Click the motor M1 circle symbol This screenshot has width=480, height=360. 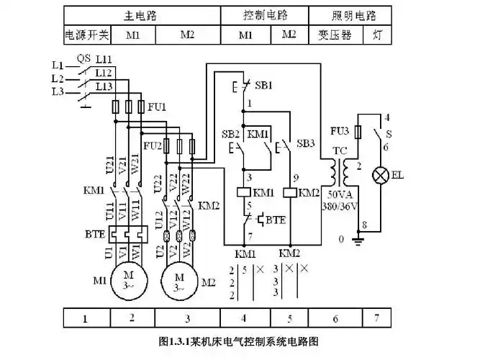pos(130,279)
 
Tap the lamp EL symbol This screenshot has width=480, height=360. pos(379,174)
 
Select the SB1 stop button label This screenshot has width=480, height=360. pos(264,85)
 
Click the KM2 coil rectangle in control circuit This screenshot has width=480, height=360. pos(289,192)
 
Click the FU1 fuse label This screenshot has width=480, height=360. pos(157,107)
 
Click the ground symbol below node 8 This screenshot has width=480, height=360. pos(358,238)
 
